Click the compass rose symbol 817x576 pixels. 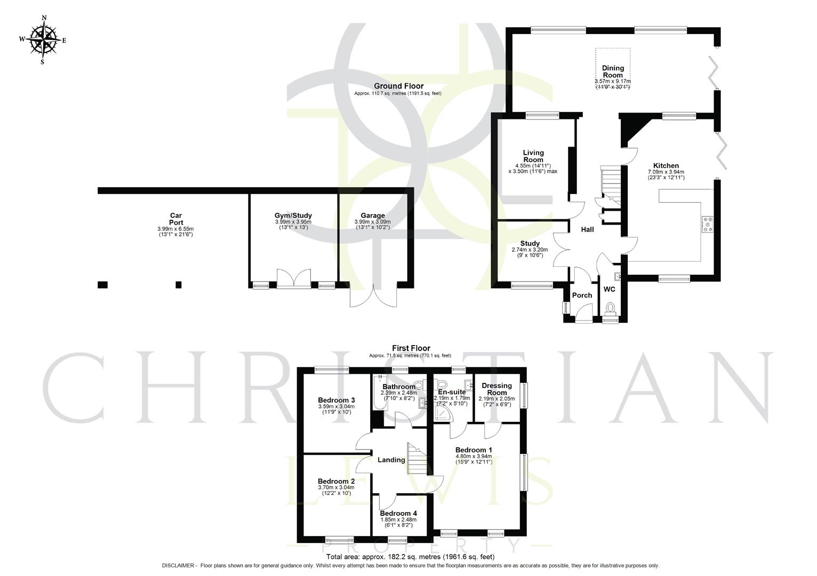tap(43, 39)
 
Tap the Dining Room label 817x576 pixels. tap(613, 71)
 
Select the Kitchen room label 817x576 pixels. tap(666, 166)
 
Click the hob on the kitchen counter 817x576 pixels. tap(708, 225)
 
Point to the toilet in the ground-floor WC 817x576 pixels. tap(610, 308)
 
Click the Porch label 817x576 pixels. tap(582, 295)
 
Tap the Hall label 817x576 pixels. tap(587, 229)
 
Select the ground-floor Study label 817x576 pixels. tap(530, 244)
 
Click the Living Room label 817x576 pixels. tap(533, 156)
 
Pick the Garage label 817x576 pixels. tap(372, 216)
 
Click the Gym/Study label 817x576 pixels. tap(293, 216)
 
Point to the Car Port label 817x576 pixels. tap(176, 219)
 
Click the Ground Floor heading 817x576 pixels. tap(398, 86)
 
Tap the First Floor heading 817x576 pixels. tap(411, 348)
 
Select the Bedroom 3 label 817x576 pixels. tap(336, 400)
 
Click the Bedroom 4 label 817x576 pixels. tap(398, 514)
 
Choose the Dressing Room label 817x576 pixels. tap(496, 389)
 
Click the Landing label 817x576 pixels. tap(391, 460)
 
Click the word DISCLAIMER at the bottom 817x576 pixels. tap(178, 565)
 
